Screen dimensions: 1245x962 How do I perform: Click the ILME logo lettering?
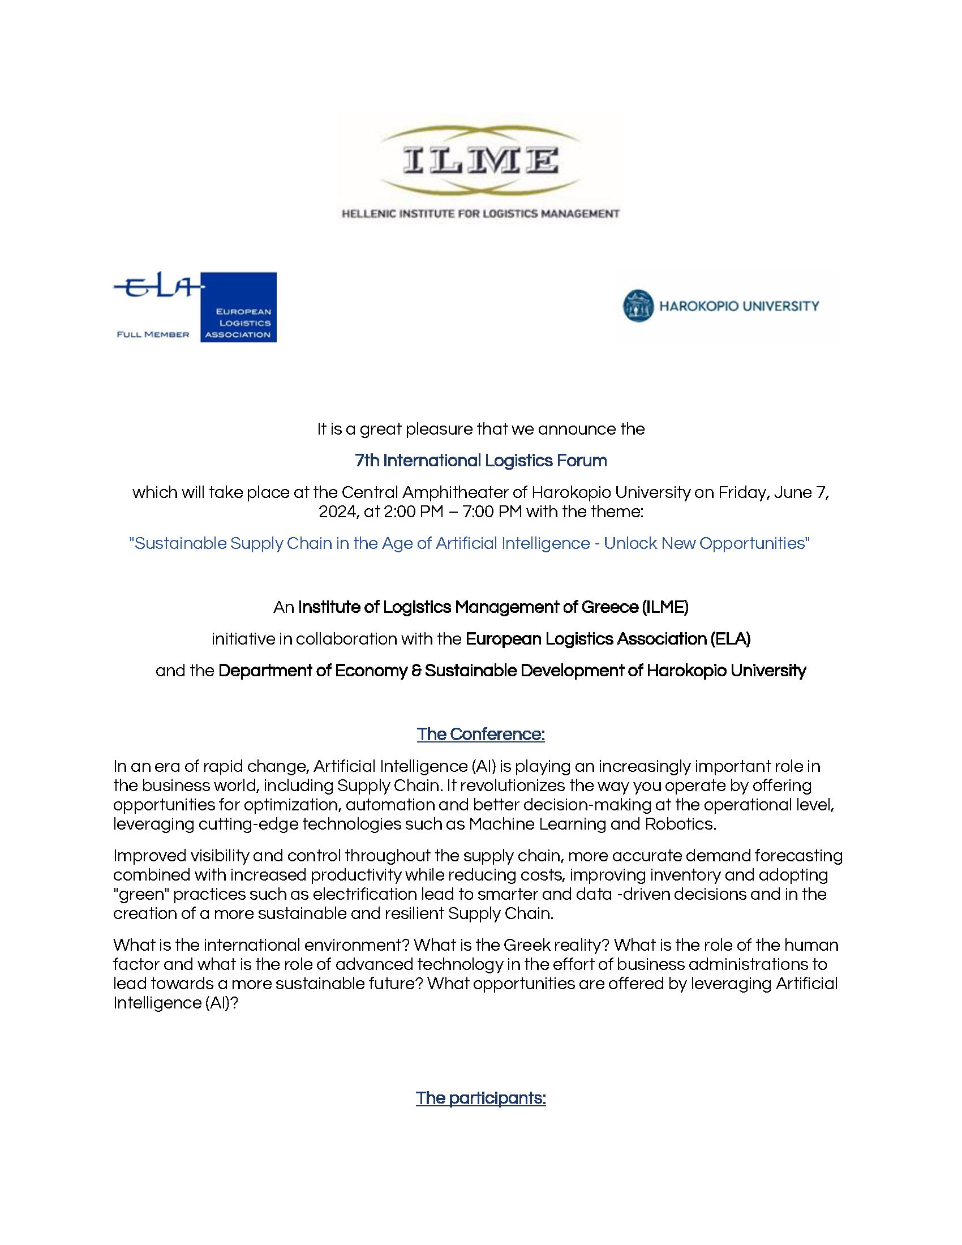(480, 160)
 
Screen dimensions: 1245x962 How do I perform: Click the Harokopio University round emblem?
(638, 306)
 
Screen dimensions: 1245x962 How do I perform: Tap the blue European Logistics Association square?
(238, 307)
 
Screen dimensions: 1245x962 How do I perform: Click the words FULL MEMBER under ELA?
(153, 334)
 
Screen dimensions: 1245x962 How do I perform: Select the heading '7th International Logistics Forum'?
(480, 461)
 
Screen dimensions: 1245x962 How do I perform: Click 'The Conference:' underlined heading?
(480, 734)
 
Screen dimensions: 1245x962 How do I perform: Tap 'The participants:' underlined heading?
(480, 1098)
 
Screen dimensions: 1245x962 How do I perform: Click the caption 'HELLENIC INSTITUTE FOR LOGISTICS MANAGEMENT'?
(480, 214)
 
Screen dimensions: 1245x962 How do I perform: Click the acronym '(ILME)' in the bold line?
(665, 607)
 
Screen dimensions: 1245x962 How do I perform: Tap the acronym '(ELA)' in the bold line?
(730, 639)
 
